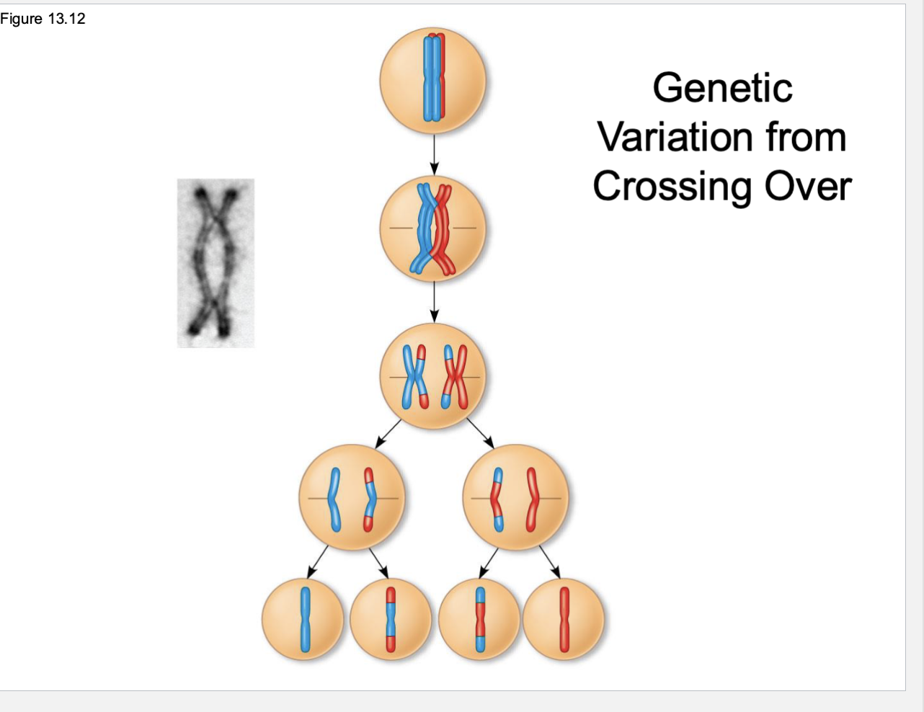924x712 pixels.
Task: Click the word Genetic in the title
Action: pyautogui.click(x=722, y=88)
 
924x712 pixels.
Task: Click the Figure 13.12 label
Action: pyautogui.click(x=43, y=19)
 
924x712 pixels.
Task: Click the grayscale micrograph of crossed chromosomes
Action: pyautogui.click(x=216, y=263)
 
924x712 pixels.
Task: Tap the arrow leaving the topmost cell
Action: pyautogui.click(x=433, y=153)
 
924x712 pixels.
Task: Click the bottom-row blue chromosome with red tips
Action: pyautogui.click(x=391, y=619)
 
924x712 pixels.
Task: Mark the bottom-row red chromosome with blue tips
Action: pyautogui.click(x=479, y=619)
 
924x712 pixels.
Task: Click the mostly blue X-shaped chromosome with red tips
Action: pyautogui.click(x=414, y=376)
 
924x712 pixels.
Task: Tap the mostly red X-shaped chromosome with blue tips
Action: pyautogui.click(x=453, y=376)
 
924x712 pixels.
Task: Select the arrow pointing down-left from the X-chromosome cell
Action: pyautogui.click(x=388, y=433)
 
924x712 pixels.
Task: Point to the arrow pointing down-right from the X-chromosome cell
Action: pyautogui.click(x=479, y=433)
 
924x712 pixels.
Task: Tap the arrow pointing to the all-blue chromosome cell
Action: pyautogui.click(x=318, y=561)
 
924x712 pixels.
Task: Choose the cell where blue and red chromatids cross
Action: pyautogui.click(x=433, y=229)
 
